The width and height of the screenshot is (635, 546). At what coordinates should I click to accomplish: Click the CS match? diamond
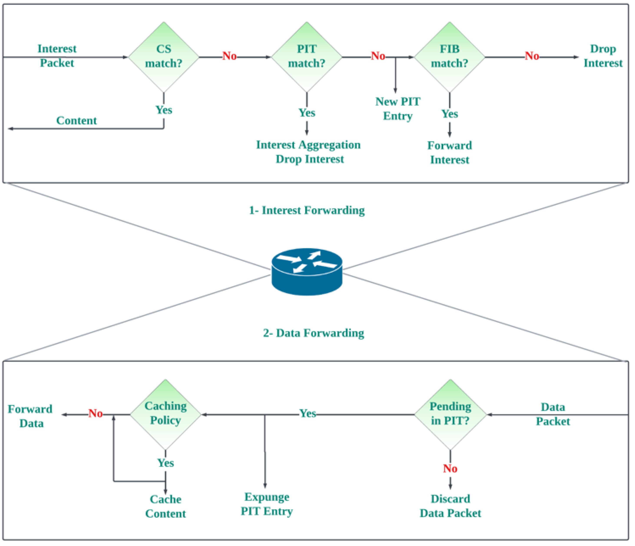(164, 57)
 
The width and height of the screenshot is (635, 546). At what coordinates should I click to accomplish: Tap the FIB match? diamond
(449, 57)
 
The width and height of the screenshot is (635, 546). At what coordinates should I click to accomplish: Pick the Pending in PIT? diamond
(450, 415)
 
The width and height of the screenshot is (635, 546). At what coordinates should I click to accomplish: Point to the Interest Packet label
(57, 56)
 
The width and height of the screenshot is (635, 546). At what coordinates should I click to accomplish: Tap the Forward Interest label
(449, 152)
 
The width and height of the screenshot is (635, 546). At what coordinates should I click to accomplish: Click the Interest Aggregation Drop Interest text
(308, 152)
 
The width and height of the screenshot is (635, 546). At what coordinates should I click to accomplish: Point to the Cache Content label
(165, 506)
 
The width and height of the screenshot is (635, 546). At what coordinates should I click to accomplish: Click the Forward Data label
(30, 416)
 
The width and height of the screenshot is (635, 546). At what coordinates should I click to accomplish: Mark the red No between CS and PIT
(229, 56)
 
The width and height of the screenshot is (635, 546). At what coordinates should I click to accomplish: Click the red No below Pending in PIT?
(450, 468)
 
